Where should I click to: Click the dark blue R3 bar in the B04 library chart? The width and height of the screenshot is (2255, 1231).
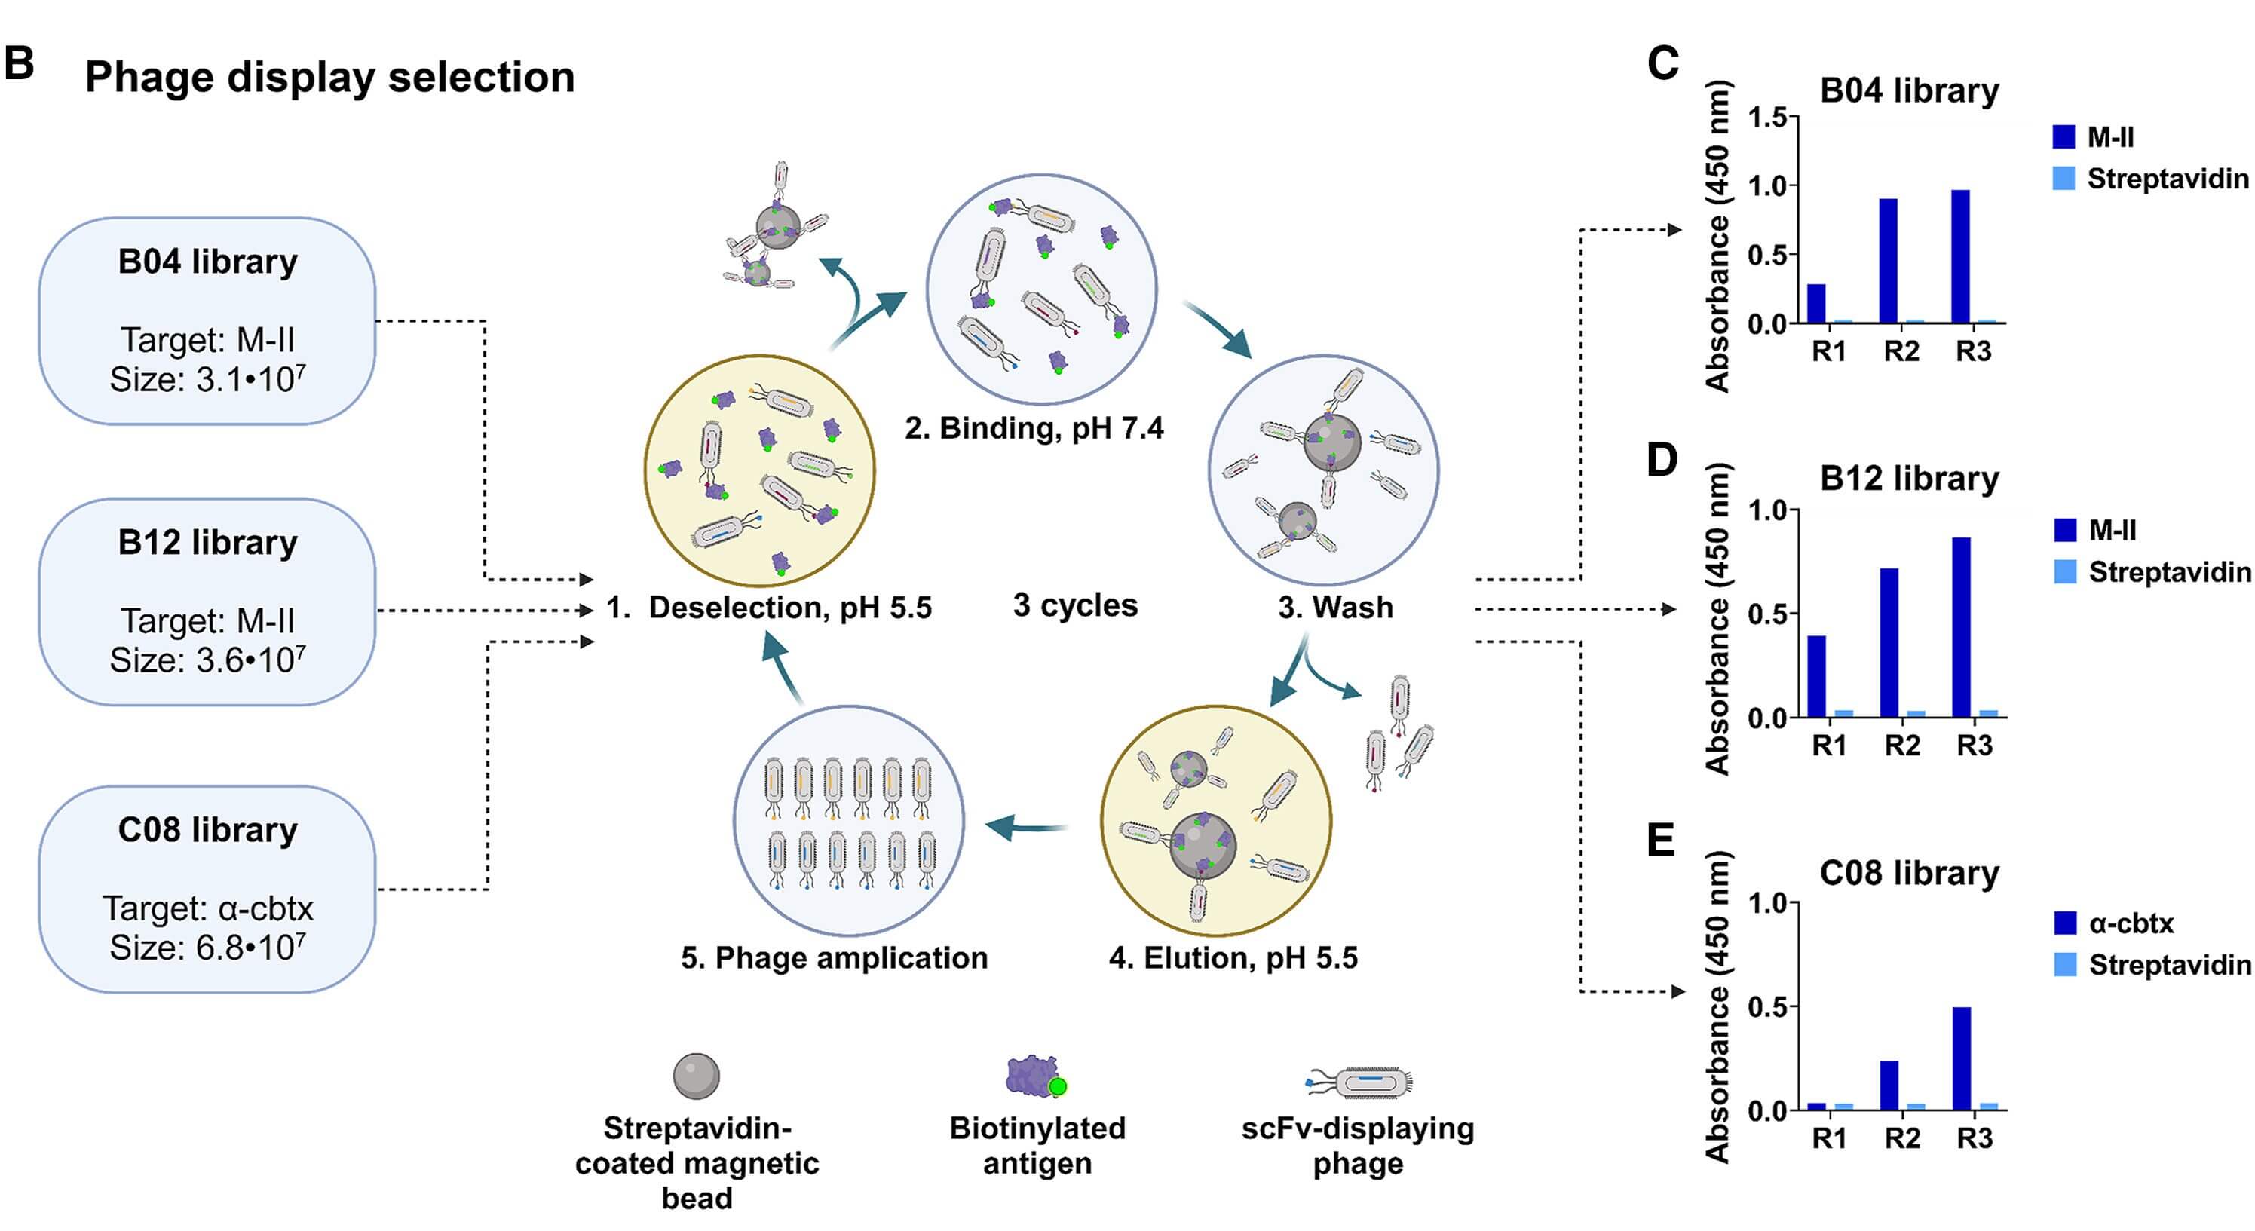[1960, 256]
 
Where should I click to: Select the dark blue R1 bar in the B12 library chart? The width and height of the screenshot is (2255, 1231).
[1816, 676]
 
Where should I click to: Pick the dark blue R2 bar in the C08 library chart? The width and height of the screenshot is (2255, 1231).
[1889, 1085]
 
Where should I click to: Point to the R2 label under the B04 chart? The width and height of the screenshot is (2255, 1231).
[1901, 351]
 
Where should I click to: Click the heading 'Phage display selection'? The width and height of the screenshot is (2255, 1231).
[329, 77]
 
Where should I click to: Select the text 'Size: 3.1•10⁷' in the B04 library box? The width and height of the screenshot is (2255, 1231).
[207, 379]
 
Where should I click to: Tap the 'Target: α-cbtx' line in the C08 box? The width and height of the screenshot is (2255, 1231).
[207, 908]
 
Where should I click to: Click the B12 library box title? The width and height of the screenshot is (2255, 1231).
[207, 542]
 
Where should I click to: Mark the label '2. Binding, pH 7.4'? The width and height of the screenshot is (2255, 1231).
[1034, 428]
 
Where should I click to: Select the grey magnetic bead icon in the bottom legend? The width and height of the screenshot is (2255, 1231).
[696, 1076]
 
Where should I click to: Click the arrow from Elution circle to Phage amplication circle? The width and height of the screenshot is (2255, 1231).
[1026, 825]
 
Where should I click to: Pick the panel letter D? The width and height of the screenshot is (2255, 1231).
[1661, 460]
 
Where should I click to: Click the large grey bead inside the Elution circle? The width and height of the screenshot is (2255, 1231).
[1203, 845]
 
